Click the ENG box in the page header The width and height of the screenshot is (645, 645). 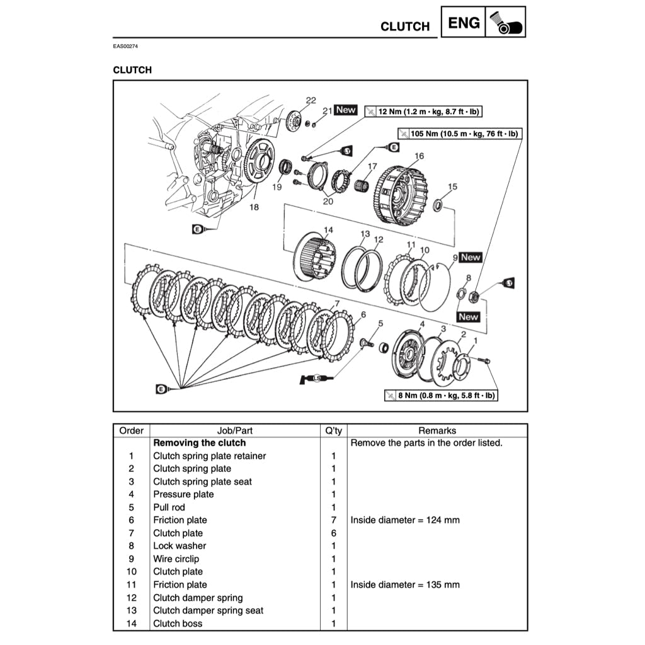tap(464, 23)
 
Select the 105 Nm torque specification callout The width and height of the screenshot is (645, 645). tap(459, 134)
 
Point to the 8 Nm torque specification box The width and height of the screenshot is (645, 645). tap(440, 396)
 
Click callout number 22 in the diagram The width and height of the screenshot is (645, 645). tap(311, 100)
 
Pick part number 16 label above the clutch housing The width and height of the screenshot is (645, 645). tap(419, 156)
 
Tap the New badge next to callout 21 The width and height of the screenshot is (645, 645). tap(346, 110)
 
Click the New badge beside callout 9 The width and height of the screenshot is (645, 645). tap(471, 257)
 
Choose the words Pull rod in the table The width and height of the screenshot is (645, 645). tap(169, 507)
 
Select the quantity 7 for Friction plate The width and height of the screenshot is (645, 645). tap(333, 520)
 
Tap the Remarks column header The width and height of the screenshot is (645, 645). tap(437, 431)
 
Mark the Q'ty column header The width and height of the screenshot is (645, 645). tap(333, 431)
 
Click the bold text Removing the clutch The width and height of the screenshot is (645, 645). tap(200, 443)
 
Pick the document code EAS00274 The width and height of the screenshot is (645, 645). tap(125, 47)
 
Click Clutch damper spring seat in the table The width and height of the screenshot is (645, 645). tap(208, 610)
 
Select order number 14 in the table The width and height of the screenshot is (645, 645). tap(131, 624)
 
